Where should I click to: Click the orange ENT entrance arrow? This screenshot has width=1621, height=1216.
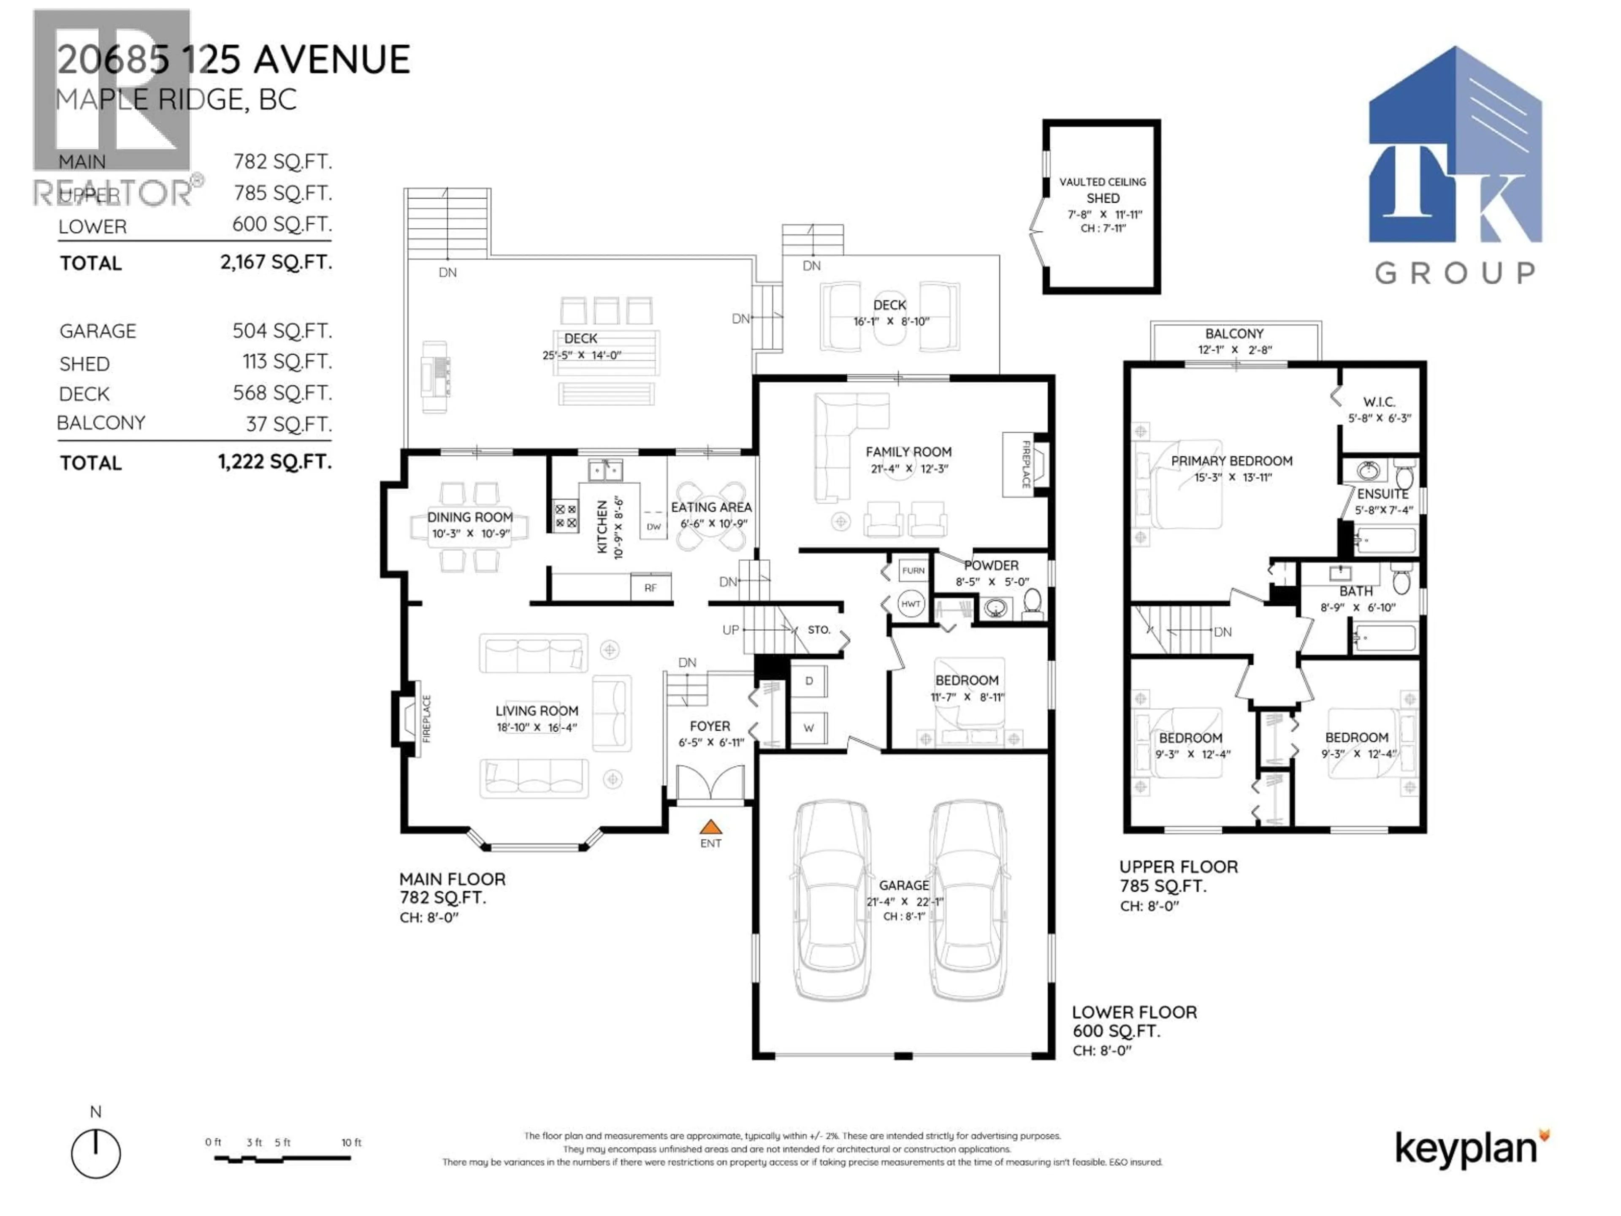point(710,828)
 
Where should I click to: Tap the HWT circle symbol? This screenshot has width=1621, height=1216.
point(911,604)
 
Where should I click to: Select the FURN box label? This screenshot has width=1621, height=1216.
point(913,570)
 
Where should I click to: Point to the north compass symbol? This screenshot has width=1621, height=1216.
point(96,1153)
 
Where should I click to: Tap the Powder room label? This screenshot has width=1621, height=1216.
point(991,565)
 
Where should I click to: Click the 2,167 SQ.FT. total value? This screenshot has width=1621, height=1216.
point(276,262)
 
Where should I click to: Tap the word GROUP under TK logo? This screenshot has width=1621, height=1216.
point(1455,274)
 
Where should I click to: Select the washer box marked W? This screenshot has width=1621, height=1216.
point(809,728)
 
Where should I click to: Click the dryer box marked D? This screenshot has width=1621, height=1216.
point(809,681)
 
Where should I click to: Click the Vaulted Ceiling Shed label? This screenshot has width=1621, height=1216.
point(1102,190)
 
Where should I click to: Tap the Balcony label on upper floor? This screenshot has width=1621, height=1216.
point(1234,334)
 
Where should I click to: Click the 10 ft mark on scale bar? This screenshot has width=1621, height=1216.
point(351,1142)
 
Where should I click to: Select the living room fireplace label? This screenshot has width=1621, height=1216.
point(426,719)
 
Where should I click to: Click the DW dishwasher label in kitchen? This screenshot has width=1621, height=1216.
point(653,526)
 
